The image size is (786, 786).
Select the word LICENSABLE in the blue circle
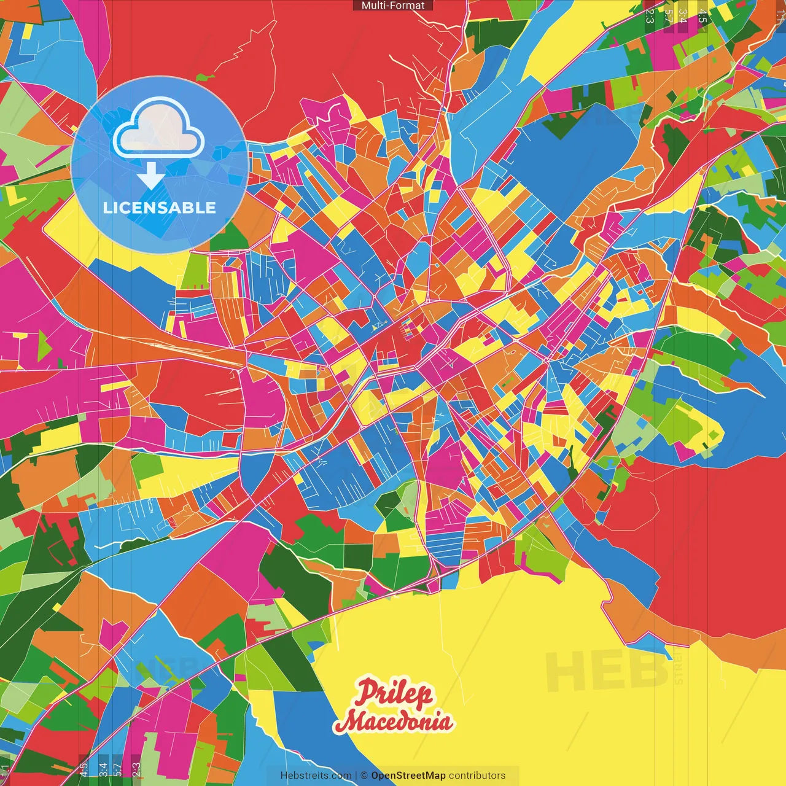(x=160, y=208)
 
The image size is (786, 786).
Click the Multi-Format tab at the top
(x=393, y=6)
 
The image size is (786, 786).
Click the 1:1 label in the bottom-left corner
(x=6, y=771)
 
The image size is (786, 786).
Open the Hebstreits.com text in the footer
(x=316, y=776)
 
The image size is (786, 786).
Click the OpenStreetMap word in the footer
(x=408, y=776)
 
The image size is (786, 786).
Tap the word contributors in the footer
(x=477, y=776)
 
